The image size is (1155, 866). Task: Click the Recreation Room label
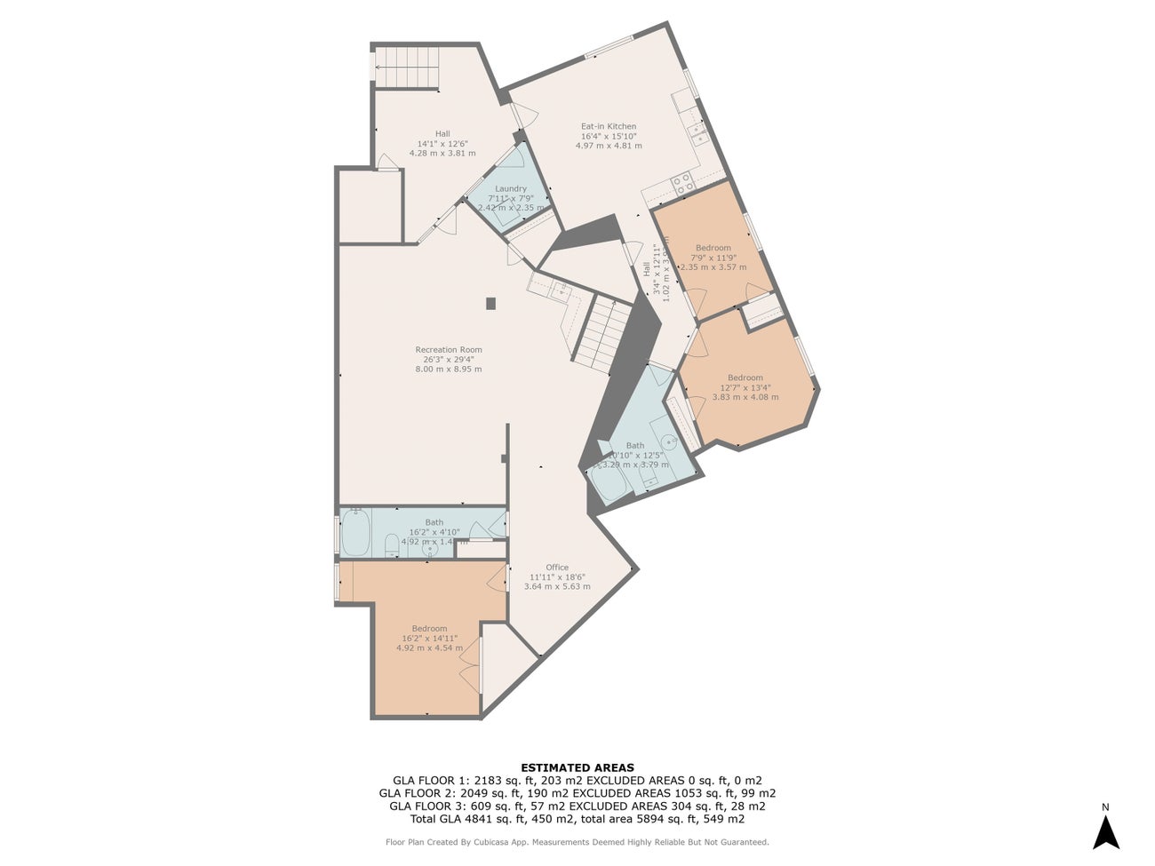click(x=449, y=350)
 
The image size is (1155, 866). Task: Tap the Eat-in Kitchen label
click(x=609, y=126)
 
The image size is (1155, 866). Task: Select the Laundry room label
click(x=511, y=188)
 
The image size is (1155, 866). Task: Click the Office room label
click(x=557, y=568)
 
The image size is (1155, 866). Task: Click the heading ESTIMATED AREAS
click(x=577, y=767)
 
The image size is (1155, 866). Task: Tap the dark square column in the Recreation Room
click(x=491, y=303)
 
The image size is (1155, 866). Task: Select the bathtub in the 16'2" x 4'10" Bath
click(x=356, y=532)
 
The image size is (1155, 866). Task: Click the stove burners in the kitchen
click(x=684, y=184)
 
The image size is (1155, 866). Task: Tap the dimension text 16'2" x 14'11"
click(x=429, y=638)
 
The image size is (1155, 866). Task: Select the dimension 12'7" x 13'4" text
click(x=745, y=387)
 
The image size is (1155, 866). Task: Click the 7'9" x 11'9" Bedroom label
click(x=713, y=248)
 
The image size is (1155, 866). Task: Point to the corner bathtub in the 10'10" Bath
click(x=611, y=483)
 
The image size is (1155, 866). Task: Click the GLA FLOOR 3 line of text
click(x=577, y=806)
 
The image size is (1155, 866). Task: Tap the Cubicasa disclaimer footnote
click(x=577, y=842)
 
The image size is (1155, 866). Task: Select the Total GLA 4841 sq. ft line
click(x=577, y=819)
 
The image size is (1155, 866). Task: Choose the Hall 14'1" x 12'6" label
click(x=442, y=133)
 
